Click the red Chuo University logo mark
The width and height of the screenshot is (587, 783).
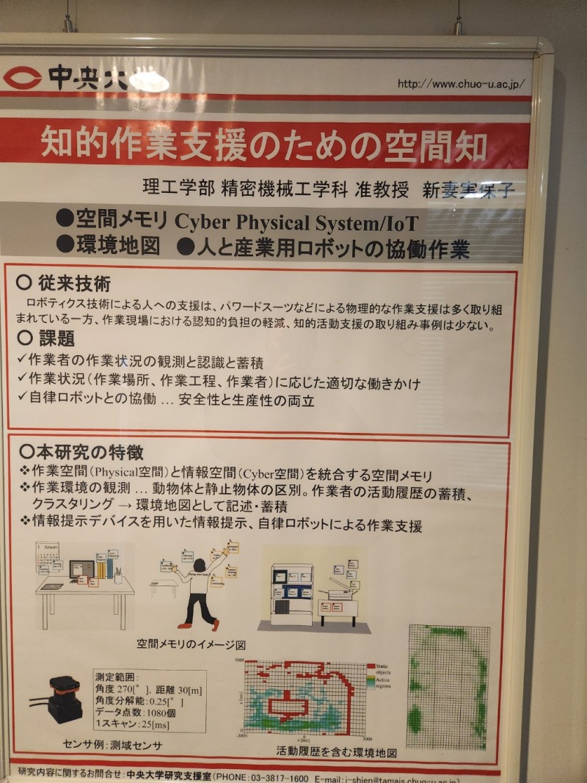tap(22, 77)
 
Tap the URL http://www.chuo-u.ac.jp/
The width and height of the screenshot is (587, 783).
tap(462, 84)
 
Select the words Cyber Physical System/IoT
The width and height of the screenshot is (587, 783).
tap(296, 222)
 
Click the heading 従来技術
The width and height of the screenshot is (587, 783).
tap(73, 283)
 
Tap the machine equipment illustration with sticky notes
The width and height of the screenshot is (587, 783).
tap(312, 591)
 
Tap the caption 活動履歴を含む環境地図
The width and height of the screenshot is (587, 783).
tap(337, 753)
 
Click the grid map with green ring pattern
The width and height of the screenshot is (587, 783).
tap(448, 686)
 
